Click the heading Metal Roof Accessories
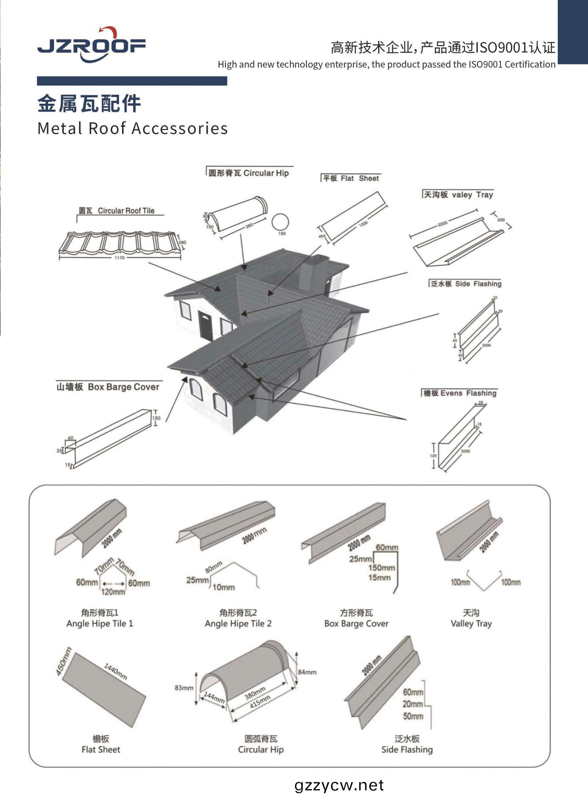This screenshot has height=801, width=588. tap(132, 129)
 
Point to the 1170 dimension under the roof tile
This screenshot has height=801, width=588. tap(120, 258)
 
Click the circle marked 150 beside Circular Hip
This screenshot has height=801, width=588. tap(280, 222)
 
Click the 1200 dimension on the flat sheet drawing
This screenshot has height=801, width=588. tap(363, 224)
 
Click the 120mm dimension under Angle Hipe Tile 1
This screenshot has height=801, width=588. tap(113, 592)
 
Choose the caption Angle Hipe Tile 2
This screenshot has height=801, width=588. tap(238, 623)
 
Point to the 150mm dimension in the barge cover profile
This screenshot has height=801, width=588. tap(382, 568)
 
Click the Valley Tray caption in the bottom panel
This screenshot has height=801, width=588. tap(471, 623)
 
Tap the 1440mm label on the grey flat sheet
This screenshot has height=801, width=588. tap(115, 671)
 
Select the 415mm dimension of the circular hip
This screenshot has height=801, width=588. tap(260, 701)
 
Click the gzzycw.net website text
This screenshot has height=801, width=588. tap(339, 785)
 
